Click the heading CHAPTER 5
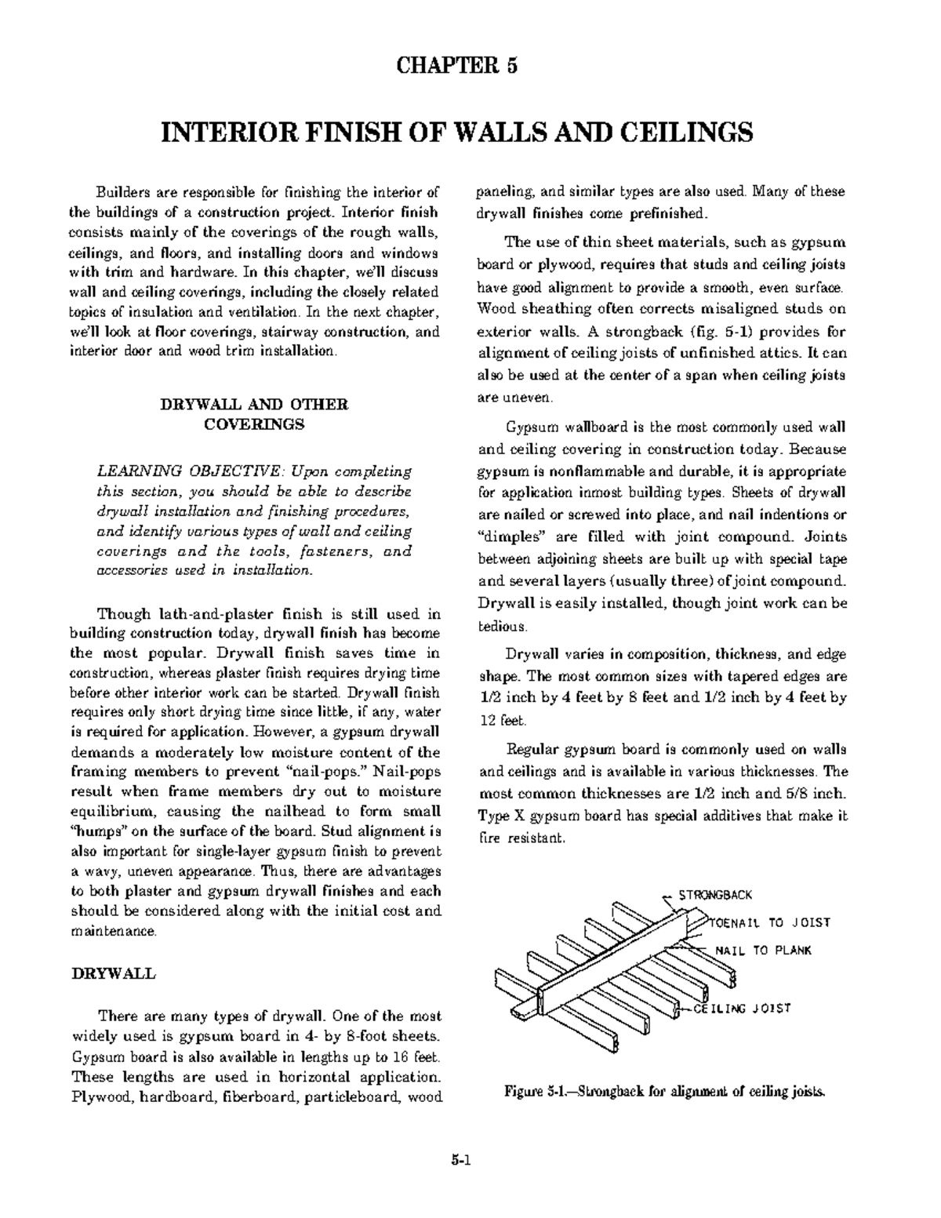(x=457, y=65)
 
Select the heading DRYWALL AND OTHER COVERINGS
(x=254, y=415)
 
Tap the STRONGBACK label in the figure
(x=715, y=895)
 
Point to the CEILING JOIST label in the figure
(x=741, y=1009)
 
